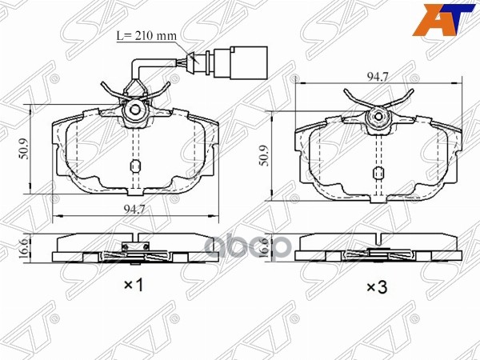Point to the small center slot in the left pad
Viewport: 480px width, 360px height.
click(134, 166)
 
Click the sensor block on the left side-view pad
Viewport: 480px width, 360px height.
click(134, 250)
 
